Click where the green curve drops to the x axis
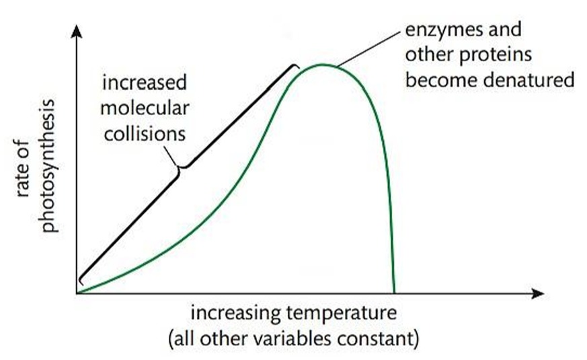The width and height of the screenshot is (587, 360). pos(393,291)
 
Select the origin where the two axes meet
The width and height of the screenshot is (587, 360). pos(78,293)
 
